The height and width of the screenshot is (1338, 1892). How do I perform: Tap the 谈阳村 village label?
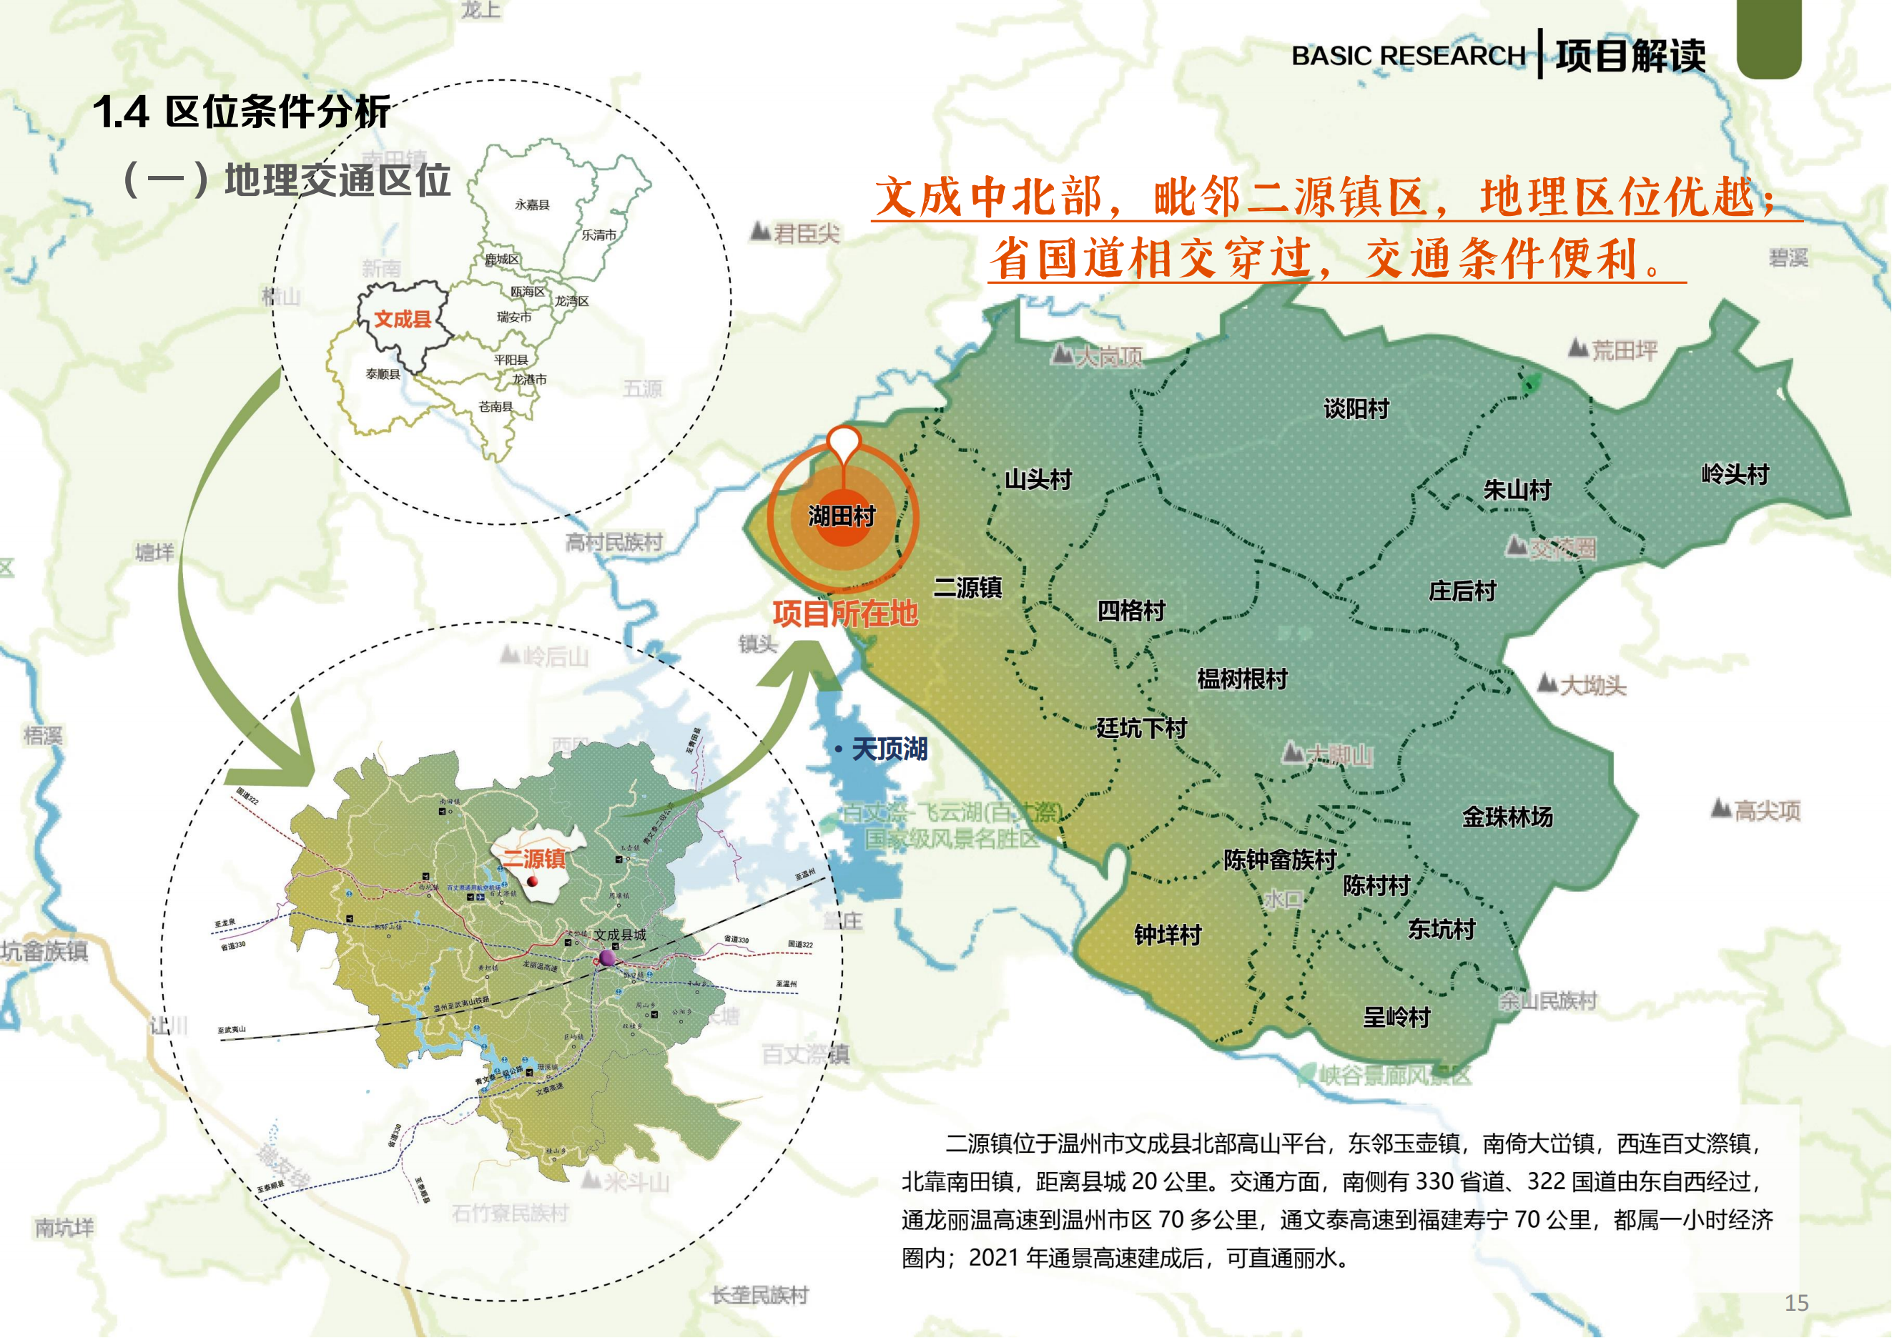[x=1356, y=408]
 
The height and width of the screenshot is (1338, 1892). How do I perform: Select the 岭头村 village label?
[x=1735, y=475]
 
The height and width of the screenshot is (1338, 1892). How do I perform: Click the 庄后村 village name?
[x=1462, y=591]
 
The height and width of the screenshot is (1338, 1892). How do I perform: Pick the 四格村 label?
[x=1130, y=611]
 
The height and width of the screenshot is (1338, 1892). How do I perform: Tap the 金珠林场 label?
[x=1507, y=817]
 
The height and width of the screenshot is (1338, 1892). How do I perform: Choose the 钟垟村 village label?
[x=1168, y=935]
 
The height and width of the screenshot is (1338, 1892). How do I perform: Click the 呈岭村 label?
[x=1396, y=1018]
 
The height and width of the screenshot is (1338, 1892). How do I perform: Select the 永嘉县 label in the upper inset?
[x=531, y=205]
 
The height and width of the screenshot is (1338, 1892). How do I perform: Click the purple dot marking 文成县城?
[x=607, y=958]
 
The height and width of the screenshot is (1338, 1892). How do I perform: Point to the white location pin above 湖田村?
[x=844, y=442]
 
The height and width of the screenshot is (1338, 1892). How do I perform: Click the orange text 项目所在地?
[x=844, y=614]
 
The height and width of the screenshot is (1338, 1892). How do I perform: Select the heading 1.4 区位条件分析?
[x=241, y=112]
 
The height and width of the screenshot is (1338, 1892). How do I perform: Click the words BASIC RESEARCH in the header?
[x=1407, y=56]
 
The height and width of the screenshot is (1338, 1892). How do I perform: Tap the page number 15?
[x=1796, y=1302]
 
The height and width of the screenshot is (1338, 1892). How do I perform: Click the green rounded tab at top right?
[x=1768, y=38]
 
